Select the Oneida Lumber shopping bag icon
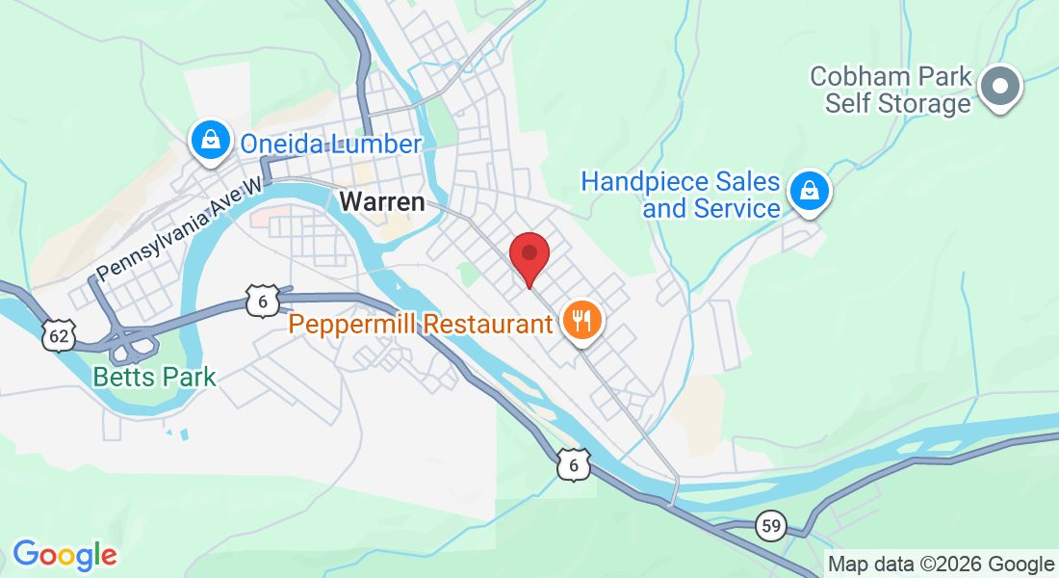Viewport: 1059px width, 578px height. pyautogui.click(x=210, y=141)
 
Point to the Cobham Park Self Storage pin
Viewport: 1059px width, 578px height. pyautogui.click(x=1000, y=87)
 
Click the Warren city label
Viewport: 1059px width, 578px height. pyautogui.click(x=382, y=202)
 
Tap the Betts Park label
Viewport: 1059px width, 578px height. pyautogui.click(x=154, y=376)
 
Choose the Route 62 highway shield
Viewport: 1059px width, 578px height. pyautogui.click(x=59, y=335)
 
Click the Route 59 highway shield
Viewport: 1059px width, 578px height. pyautogui.click(x=770, y=526)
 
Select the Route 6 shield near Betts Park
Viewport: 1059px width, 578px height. pyautogui.click(x=261, y=300)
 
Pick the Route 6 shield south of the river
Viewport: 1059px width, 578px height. pyautogui.click(x=574, y=465)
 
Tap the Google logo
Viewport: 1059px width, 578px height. pyautogui.click(x=65, y=555)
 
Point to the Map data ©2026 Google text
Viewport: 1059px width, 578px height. pyautogui.click(x=942, y=565)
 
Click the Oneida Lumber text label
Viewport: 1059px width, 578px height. pyautogui.click(x=330, y=144)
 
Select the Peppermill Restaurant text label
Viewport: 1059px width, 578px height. pyautogui.click(x=422, y=324)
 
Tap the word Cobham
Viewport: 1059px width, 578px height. pyautogui.click(x=857, y=76)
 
